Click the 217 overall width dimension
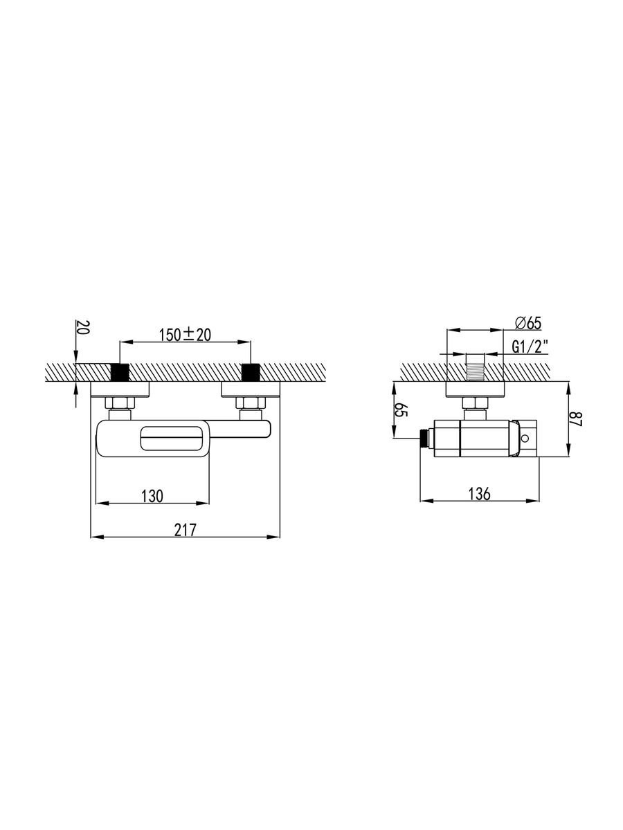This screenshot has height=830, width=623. [186, 530]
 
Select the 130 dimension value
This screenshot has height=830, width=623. [152, 496]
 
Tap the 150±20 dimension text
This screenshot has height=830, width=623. [185, 335]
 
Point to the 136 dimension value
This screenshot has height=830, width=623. [479, 494]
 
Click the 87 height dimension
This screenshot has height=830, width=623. [577, 419]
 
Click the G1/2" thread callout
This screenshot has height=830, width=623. [530, 347]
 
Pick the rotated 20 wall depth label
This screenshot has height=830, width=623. [83, 327]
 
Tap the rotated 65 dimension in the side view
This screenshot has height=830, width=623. [401, 409]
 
